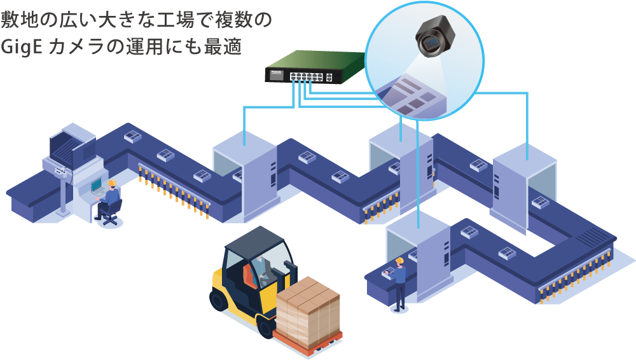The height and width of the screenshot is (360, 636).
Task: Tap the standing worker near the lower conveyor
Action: pyautogui.click(x=399, y=283)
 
